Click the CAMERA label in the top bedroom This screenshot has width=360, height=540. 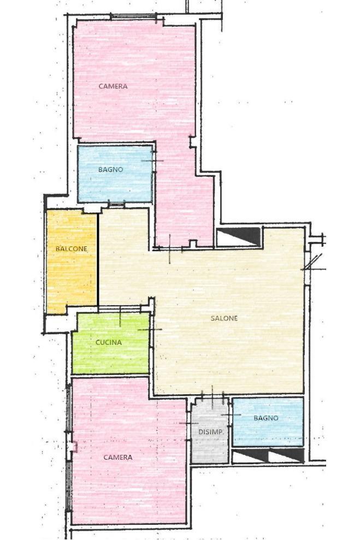point(113,86)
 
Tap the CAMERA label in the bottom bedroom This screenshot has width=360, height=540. point(118,458)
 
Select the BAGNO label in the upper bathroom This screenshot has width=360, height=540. point(110,169)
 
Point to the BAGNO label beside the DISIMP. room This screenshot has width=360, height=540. point(266,418)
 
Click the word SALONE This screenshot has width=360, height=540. point(225,318)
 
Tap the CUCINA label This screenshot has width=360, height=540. point(109,342)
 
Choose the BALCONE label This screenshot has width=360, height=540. point(72,248)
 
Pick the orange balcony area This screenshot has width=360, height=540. point(72,262)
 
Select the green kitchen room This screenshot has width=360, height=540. point(110,343)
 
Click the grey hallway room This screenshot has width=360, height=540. point(210,431)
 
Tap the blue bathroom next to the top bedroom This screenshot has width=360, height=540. point(115,174)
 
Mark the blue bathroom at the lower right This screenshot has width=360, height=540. point(268,422)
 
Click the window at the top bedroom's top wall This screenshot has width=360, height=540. point(133,16)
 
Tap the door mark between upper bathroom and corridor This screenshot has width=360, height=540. point(152,161)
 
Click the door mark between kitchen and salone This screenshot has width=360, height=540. point(150,330)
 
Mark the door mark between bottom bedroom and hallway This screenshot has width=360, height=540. point(189,423)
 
